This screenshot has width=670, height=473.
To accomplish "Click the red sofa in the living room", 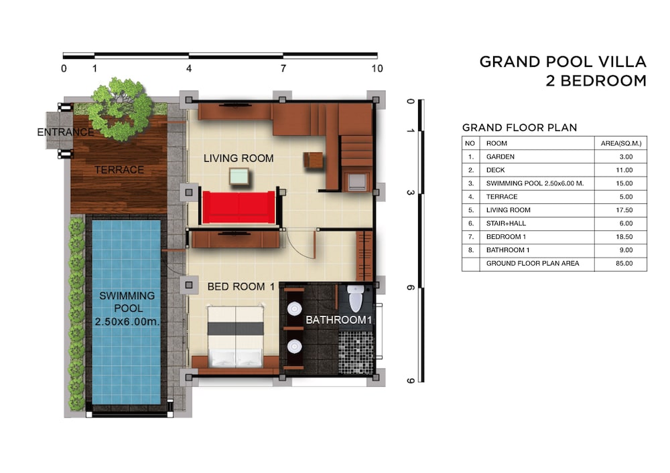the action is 239,207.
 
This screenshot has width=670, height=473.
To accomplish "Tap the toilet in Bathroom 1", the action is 356,298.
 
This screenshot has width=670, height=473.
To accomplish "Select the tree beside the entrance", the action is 122,109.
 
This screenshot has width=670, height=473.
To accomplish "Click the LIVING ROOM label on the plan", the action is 239,159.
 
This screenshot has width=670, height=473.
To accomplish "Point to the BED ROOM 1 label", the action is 241,286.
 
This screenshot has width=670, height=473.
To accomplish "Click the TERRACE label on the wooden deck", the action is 119,170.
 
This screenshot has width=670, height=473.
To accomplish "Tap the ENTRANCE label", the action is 66,132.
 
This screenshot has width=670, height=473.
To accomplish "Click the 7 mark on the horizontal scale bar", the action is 283,68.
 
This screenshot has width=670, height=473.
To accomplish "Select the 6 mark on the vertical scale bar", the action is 410,288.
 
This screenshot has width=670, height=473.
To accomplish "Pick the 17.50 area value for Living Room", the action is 624,210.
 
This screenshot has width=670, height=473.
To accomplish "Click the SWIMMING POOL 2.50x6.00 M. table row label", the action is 535,183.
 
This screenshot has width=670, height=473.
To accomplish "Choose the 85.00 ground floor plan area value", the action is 624,263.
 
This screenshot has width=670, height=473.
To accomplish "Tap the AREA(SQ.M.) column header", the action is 621,143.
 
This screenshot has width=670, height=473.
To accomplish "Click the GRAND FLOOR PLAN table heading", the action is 520,128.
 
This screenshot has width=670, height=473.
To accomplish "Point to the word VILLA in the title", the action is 622,62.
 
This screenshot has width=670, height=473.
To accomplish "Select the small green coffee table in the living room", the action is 239,176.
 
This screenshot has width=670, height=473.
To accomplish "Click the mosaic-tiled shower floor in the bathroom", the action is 356,353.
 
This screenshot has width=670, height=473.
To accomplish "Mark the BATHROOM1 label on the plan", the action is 339,320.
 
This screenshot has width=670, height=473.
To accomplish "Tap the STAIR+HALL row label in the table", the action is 506,223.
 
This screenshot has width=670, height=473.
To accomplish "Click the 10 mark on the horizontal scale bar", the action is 377,68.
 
